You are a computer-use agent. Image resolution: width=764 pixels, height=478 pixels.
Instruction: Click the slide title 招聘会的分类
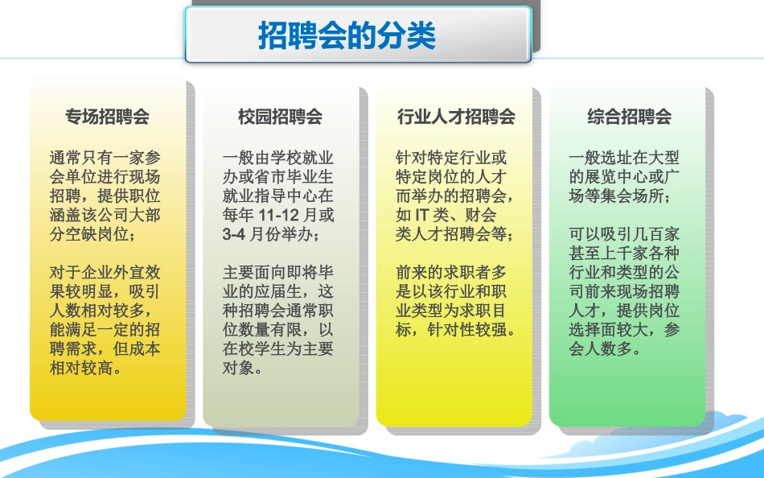pyautogui.click(x=347, y=36)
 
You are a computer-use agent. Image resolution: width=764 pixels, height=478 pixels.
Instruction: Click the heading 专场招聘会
pyautogui.click(x=107, y=117)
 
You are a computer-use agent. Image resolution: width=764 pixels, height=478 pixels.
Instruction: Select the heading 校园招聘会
pyautogui.click(x=280, y=117)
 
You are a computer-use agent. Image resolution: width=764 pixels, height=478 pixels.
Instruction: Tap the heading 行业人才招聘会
pyautogui.click(x=456, y=117)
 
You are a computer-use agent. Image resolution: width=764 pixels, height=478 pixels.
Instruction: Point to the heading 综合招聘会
pyautogui.click(x=629, y=117)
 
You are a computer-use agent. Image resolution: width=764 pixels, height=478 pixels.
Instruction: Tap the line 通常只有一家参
pyautogui.click(x=105, y=158)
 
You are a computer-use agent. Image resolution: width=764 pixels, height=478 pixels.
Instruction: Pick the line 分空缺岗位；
pyautogui.click(x=92, y=235)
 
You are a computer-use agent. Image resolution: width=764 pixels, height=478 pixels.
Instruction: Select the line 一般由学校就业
pyautogui.click(x=278, y=158)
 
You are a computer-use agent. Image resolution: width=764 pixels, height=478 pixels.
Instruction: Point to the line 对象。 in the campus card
pyautogui.click(x=242, y=369)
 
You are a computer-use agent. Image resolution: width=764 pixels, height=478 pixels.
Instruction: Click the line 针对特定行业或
pyautogui.click(x=452, y=158)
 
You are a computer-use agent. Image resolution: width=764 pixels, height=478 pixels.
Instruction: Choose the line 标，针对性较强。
pyautogui.click(x=456, y=331)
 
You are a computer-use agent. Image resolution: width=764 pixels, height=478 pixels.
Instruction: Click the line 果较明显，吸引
pyautogui.click(x=105, y=292)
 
